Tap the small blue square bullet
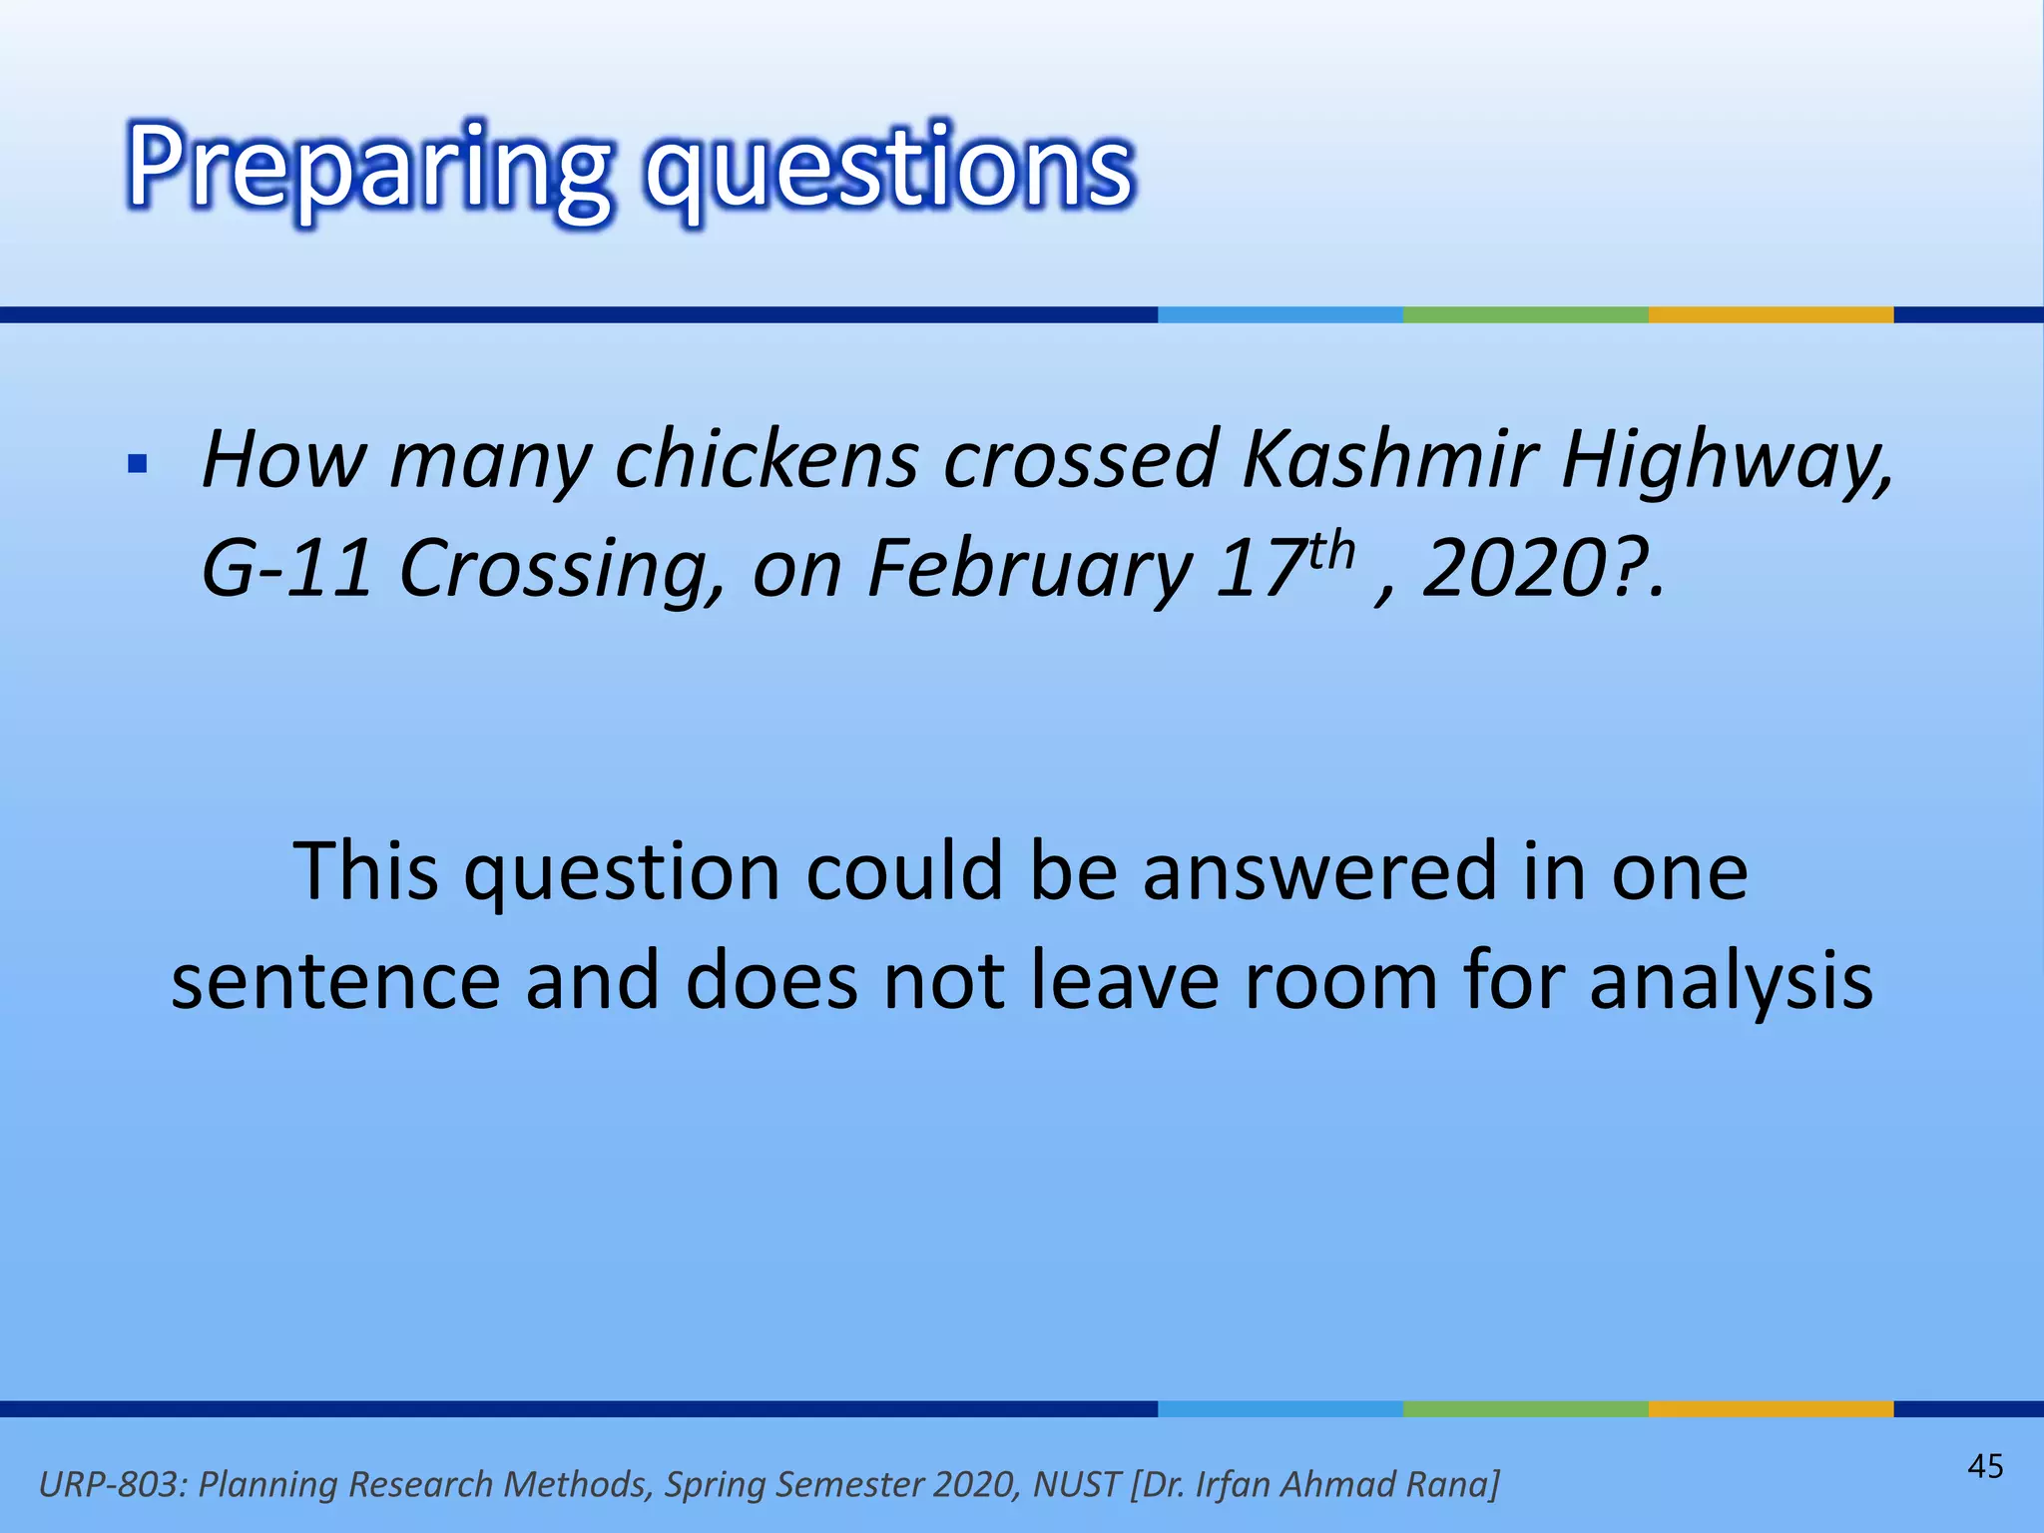tap(138, 464)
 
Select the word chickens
tap(766, 460)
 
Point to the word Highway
tap(1727, 462)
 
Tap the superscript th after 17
tap(1331, 552)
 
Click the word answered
tap(1319, 871)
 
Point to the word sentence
tap(335, 981)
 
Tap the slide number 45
tap(1985, 1466)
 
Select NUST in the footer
tap(1076, 1485)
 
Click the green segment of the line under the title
tap(1525, 314)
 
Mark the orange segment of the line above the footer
tap(1771, 1409)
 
